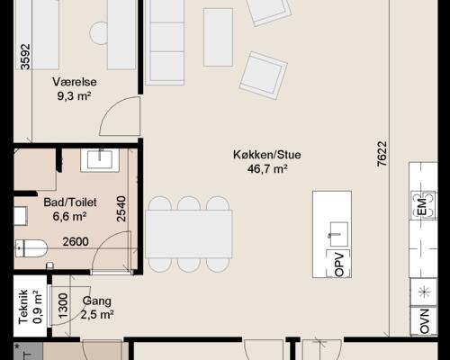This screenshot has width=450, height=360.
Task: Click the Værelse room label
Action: tap(76, 81)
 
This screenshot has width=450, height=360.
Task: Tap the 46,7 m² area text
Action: tap(266, 168)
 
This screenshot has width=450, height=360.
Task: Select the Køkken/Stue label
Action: tap(266, 155)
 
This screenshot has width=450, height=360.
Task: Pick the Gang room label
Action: tap(96, 301)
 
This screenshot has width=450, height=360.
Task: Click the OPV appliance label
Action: tap(339, 264)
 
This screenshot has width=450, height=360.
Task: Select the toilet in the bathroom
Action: tap(31, 248)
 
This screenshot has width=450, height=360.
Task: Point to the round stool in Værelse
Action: tap(98, 32)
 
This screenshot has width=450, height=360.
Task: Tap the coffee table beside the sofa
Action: tap(218, 36)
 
